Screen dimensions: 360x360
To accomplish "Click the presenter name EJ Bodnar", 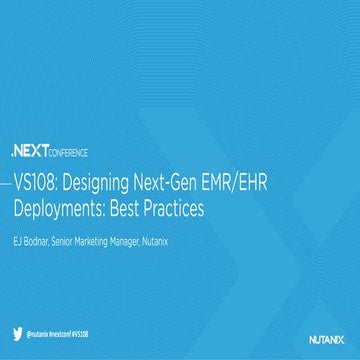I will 32,238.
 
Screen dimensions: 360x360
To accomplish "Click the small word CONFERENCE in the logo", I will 69,153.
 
